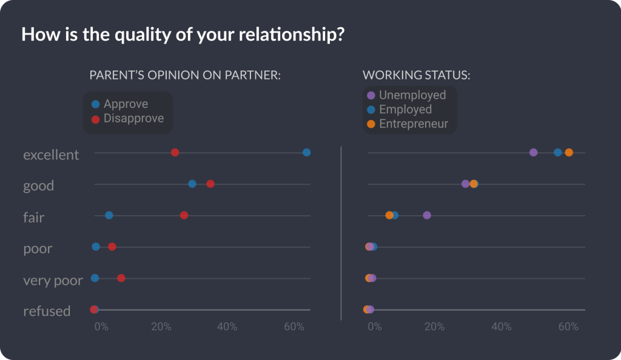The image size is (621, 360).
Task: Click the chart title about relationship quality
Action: pyautogui.click(x=183, y=35)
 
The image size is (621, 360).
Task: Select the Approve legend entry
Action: pyautogui.click(x=125, y=104)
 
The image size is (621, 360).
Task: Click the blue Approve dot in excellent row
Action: pyautogui.click(x=306, y=152)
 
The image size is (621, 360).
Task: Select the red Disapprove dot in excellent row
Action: pyautogui.click(x=175, y=152)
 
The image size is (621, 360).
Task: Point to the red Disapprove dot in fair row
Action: pyautogui.click(x=184, y=215)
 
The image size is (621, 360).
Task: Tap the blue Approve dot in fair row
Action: pyautogui.click(x=109, y=215)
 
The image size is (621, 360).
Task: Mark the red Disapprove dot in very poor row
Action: pyautogui.click(x=121, y=278)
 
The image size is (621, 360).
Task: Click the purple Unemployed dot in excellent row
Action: pyautogui.click(x=533, y=152)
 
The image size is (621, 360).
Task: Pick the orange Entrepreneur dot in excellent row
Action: pyautogui.click(x=569, y=152)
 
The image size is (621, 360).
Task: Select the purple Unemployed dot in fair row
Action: pyautogui.click(x=427, y=215)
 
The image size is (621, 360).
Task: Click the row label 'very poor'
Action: pyautogui.click(x=53, y=281)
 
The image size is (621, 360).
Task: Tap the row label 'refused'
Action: pyautogui.click(x=47, y=312)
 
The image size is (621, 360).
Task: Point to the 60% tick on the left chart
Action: pyautogui.click(x=294, y=327)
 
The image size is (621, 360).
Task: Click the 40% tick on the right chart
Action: pyautogui.click(x=502, y=327)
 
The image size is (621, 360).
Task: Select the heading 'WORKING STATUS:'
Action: pyautogui.click(x=417, y=75)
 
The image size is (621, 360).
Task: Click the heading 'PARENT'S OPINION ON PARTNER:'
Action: pyautogui.click(x=185, y=75)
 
